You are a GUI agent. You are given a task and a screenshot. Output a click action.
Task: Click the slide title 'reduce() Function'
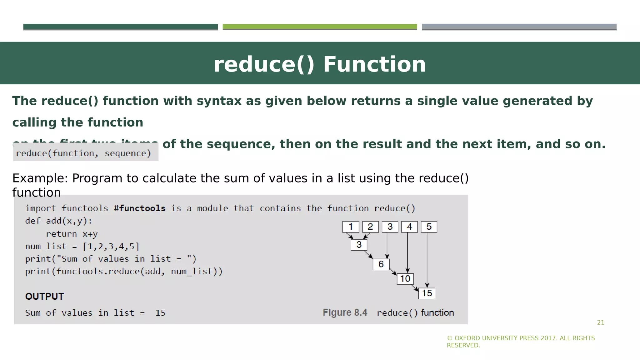320,64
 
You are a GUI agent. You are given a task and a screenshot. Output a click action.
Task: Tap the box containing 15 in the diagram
427,293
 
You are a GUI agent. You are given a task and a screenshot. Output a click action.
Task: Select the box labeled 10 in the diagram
405,278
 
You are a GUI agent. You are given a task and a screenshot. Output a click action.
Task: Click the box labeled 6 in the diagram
381,264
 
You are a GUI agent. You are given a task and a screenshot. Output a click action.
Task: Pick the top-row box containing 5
429,227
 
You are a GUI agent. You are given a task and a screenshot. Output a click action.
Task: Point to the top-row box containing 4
409,227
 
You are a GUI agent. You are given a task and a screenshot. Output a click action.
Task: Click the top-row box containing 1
351,227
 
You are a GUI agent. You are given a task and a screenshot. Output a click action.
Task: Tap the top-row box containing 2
370,227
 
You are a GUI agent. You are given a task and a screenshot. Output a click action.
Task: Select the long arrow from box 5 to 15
427,259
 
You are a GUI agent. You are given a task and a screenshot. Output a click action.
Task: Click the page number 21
600,322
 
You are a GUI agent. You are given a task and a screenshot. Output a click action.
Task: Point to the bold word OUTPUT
44,296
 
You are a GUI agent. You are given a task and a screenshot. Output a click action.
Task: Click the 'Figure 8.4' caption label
345,312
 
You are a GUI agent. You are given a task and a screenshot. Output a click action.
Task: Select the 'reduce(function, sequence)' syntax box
84,153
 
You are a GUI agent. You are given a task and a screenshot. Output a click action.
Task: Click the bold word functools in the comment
142,208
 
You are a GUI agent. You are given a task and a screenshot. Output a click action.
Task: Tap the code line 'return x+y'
72,234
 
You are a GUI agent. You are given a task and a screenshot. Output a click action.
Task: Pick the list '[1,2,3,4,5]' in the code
111,246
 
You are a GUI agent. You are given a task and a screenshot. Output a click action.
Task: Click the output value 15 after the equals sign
160,313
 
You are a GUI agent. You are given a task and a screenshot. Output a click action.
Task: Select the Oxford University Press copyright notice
521,342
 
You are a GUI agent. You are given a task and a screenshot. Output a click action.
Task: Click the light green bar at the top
320,27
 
